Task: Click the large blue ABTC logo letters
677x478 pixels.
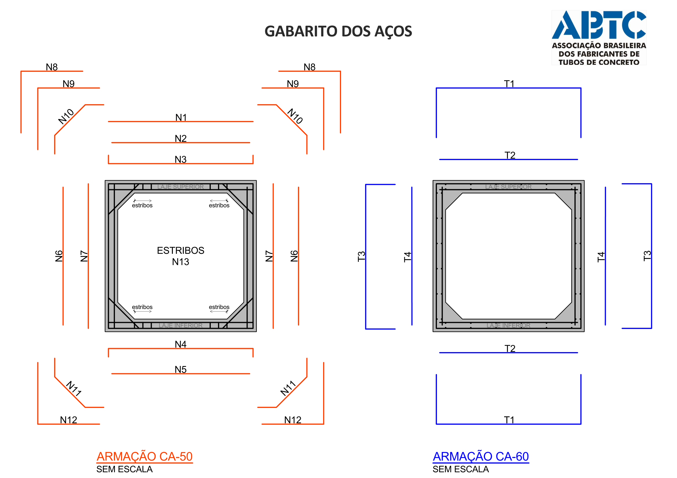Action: click(599, 25)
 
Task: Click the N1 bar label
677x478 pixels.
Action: click(181, 117)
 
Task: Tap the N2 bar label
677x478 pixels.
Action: click(181, 139)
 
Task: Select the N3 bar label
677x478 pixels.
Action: click(181, 159)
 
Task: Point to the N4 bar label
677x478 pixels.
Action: click(181, 344)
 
